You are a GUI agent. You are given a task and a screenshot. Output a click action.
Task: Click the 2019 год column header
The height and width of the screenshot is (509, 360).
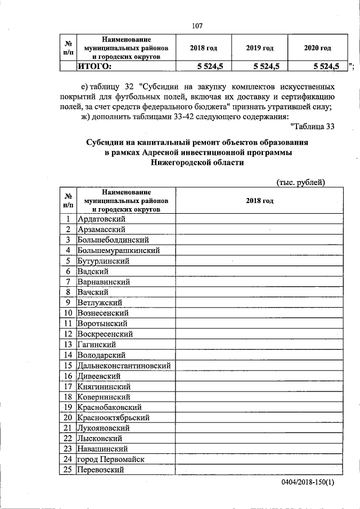click(260, 48)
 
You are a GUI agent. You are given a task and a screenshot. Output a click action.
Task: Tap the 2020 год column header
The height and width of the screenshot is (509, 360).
click(317, 48)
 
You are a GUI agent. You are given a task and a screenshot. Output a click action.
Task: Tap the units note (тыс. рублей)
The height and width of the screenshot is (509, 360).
click(301, 182)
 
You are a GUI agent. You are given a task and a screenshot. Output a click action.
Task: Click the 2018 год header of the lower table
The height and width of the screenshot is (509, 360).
click(260, 200)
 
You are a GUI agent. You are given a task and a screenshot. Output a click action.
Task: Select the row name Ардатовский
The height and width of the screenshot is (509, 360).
click(101, 219)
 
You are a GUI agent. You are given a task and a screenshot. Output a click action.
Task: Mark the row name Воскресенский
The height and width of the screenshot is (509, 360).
click(105, 334)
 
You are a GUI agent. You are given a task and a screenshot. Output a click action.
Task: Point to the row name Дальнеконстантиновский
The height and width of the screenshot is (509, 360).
click(124, 365)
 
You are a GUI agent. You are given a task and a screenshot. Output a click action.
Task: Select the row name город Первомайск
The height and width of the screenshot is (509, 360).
click(111, 459)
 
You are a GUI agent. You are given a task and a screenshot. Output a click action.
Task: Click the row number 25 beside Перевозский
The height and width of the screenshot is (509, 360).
click(67, 470)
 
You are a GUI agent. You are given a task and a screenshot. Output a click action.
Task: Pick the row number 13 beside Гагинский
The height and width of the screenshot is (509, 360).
click(67, 344)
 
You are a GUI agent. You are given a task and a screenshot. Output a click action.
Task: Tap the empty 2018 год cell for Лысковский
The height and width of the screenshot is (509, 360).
click(260, 438)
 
